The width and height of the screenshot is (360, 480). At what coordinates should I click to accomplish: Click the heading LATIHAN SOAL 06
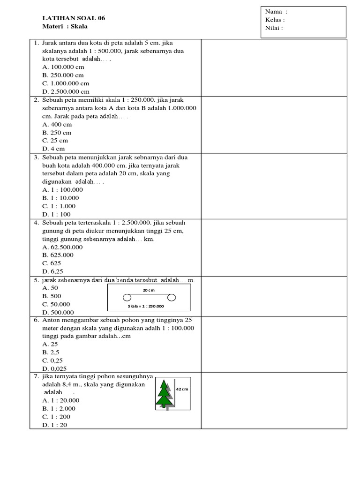(74, 18)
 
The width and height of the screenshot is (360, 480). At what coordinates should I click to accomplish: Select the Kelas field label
(275, 20)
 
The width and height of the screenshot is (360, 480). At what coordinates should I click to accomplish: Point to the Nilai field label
(274, 28)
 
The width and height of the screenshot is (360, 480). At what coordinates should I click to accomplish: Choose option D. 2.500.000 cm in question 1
(66, 91)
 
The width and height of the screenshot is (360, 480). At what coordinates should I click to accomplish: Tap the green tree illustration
(164, 394)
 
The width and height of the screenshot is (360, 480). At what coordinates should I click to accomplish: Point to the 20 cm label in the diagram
(148, 291)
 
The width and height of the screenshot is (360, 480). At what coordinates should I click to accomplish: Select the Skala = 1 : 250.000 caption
(146, 306)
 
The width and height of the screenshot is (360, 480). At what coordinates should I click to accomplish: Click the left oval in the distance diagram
(127, 298)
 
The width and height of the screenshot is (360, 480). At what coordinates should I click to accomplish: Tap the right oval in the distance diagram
(171, 298)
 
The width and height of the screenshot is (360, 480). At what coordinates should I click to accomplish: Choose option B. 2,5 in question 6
(51, 352)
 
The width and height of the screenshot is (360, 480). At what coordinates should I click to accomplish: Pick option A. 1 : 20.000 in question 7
(60, 400)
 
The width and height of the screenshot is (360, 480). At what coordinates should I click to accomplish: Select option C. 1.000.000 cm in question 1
(65, 83)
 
